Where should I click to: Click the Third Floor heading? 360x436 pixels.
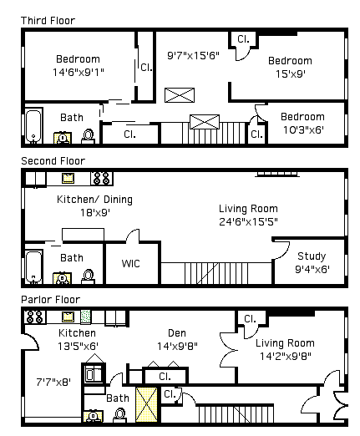(x=48, y=21)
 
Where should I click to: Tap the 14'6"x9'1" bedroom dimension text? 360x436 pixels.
(x=79, y=73)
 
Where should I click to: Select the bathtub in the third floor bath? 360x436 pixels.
(x=33, y=126)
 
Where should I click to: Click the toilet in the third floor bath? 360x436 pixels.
(x=88, y=136)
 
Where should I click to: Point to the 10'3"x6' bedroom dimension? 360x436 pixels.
(x=303, y=130)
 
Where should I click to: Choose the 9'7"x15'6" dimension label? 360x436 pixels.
(x=193, y=56)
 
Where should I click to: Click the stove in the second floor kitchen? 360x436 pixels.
(x=101, y=178)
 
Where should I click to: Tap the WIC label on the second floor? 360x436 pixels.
(x=130, y=263)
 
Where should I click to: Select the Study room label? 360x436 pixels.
(x=312, y=256)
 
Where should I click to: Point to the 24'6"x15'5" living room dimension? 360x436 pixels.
(x=248, y=222)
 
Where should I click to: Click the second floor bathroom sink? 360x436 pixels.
(x=62, y=278)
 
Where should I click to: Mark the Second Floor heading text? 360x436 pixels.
(x=53, y=161)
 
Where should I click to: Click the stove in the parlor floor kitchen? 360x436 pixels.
(x=35, y=317)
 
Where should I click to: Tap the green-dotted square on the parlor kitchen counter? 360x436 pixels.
(x=86, y=317)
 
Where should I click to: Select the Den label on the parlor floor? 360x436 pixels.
(x=177, y=333)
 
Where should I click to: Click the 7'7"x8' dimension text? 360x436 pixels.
(x=53, y=382)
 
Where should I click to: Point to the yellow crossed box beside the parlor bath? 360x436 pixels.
(x=146, y=404)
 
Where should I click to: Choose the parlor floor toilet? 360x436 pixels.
(x=120, y=415)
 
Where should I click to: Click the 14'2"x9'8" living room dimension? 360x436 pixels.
(x=286, y=356)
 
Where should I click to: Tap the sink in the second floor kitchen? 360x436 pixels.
(x=68, y=178)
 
